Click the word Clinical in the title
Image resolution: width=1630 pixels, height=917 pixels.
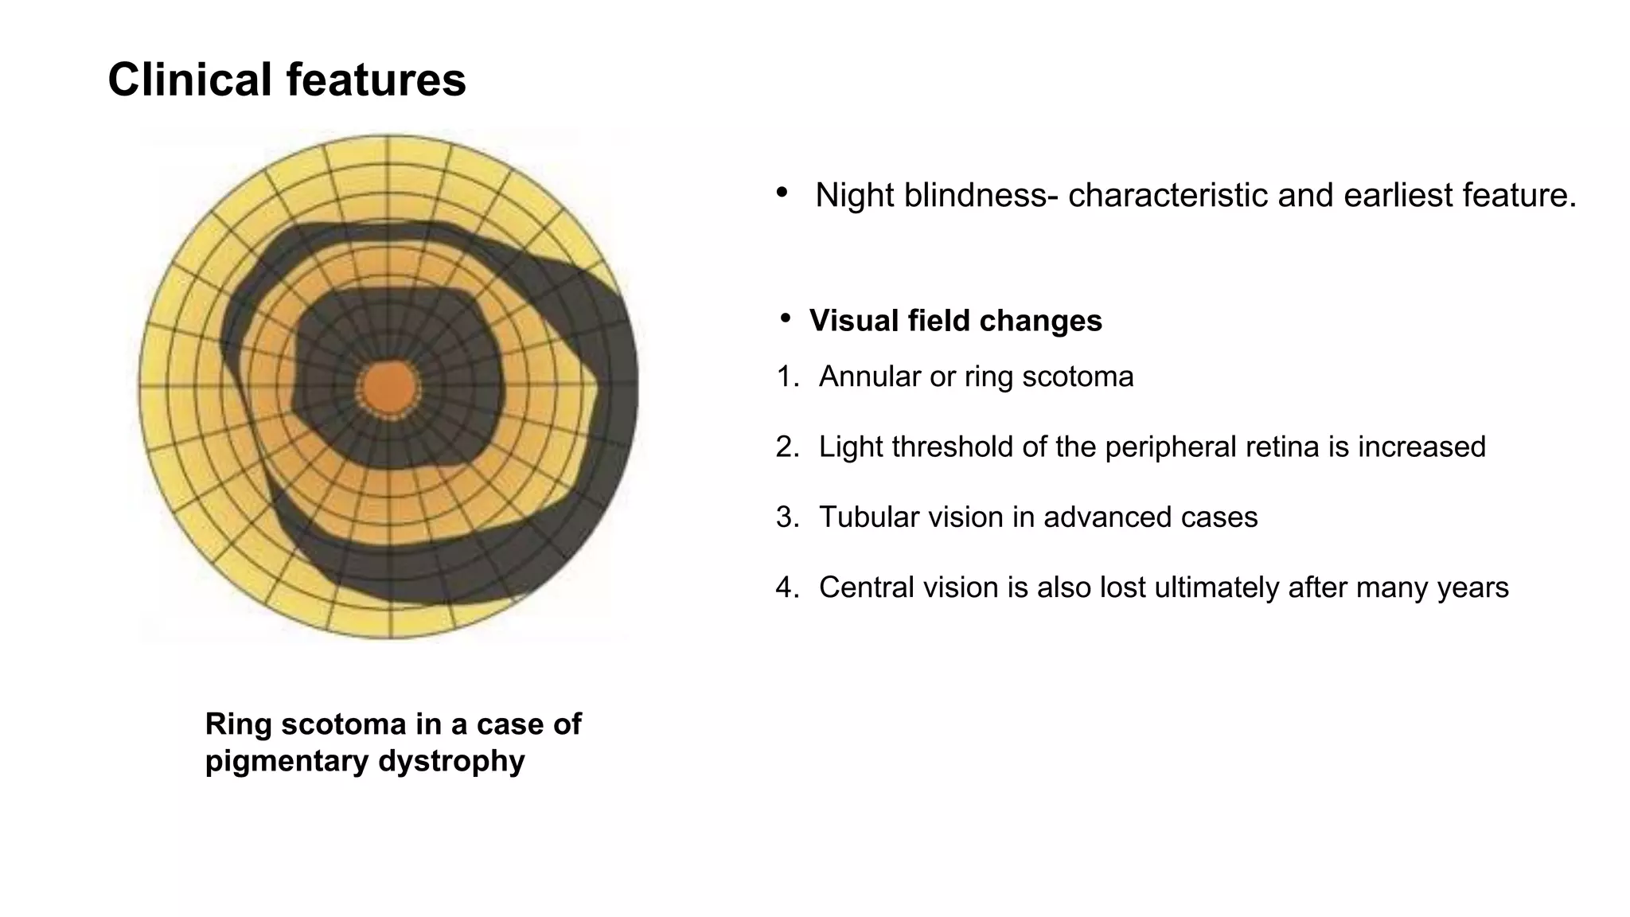click(190, 80)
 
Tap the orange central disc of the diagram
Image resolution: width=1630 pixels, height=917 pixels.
click(388, 388)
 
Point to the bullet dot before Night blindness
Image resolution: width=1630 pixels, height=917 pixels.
click(782, 192)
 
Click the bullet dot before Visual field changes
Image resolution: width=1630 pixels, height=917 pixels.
click(786, 319)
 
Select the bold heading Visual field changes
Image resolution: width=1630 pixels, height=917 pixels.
click(955, 321)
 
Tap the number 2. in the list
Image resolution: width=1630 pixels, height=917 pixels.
click(786, 447)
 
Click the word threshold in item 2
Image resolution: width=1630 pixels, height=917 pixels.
click(953, 447)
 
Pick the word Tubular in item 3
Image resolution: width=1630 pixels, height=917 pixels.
click(864, 517)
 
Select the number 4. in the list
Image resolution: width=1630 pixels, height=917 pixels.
click(786, 587)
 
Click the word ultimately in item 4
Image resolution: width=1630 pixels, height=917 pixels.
click(1205, 587)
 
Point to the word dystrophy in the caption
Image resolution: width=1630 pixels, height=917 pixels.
click(451, 761)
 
